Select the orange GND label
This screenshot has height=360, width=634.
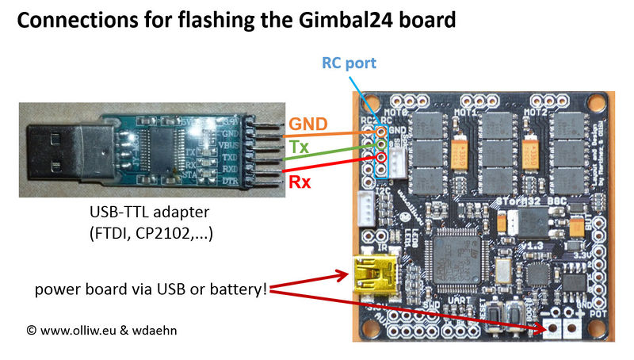tap(307, 124)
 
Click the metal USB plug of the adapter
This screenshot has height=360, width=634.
tap(55, 154)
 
